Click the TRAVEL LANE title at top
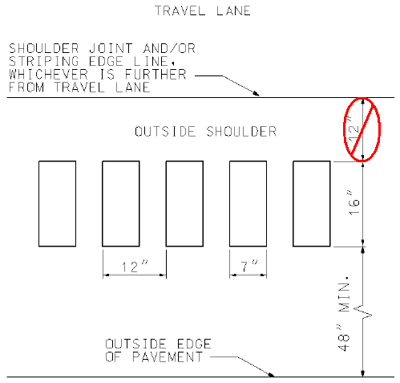point(203,10)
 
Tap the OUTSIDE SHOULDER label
point(205,132)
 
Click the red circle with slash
point(362,130)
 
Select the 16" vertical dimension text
point(354,203)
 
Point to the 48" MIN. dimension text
point(344,313)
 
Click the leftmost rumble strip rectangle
point(57,204)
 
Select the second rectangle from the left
point(121,204)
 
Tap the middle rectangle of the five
point(184,204)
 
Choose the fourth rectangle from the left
point(248,204)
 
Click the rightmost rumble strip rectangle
point(312,204)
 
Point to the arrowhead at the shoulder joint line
point(256,93)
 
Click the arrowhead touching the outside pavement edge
point(270,374)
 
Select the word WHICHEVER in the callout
point(48,74)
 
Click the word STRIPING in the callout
point(44,61)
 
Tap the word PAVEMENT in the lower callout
point(168,357)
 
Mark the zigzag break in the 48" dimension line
point(363,312)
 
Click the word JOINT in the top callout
point(111,48)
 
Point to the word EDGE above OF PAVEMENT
point(194,344)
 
